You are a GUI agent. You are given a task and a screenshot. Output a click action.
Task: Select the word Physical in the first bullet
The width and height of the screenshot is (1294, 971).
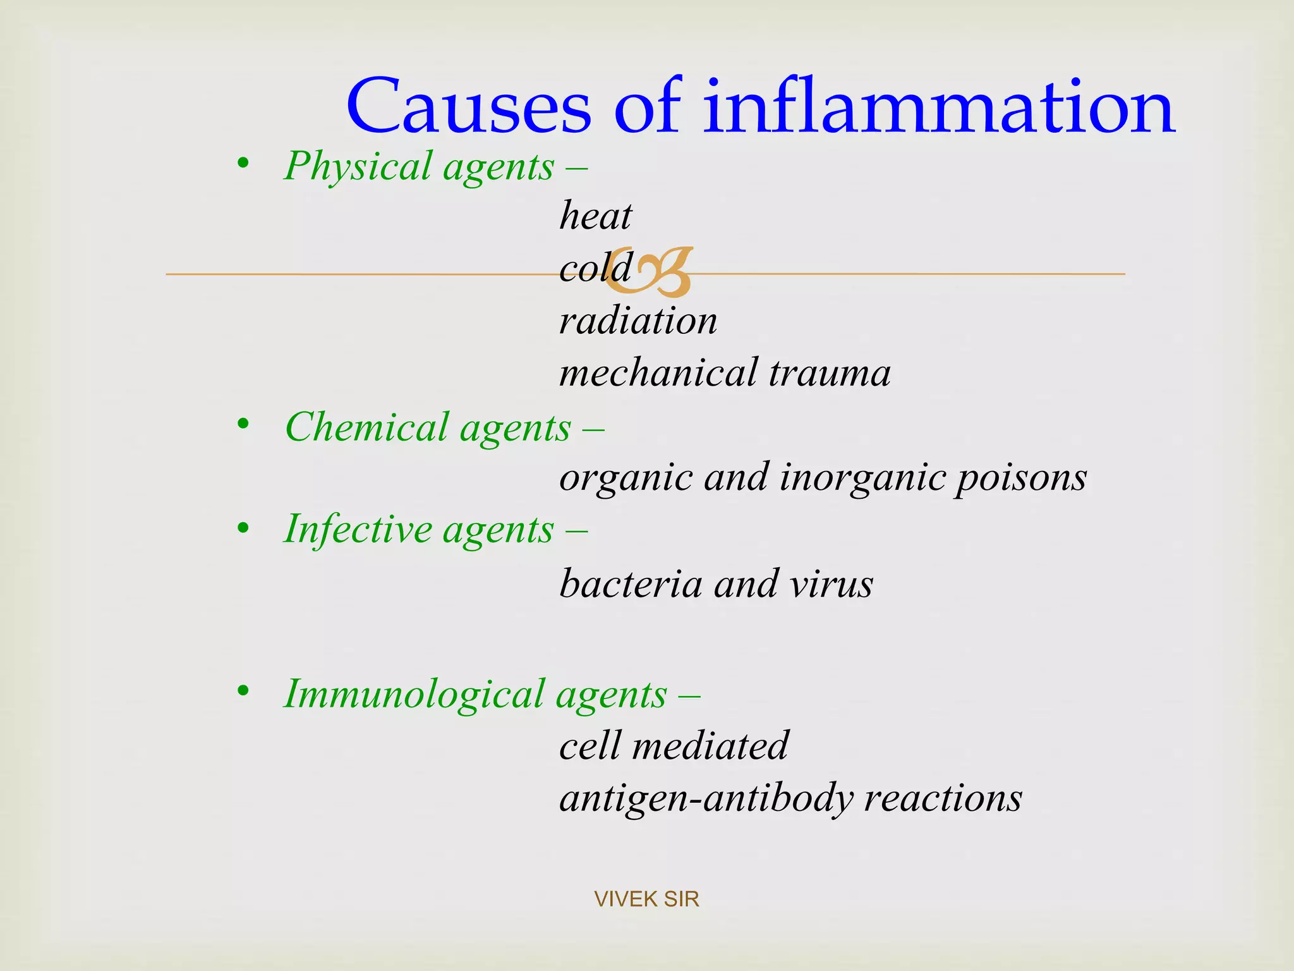point(358,167)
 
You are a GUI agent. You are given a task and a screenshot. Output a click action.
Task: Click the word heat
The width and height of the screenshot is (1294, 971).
point(595,216)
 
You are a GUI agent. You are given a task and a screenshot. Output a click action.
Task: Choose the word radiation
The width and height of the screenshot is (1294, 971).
point(638,321)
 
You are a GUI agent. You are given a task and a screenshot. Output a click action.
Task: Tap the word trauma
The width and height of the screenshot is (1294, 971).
point(830,373)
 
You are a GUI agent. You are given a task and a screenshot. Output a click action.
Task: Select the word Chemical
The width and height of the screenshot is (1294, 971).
point(366,428)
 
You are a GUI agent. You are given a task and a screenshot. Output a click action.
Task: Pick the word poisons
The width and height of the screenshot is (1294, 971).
point(1020,477)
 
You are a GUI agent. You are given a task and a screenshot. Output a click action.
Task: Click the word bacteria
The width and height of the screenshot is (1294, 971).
point(631,583)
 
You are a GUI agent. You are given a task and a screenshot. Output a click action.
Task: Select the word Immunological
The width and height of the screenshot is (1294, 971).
point(414,695)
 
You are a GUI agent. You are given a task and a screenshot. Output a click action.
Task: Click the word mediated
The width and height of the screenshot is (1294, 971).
point(710,746)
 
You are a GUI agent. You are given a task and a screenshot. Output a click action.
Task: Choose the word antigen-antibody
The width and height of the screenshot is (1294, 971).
point(706,798)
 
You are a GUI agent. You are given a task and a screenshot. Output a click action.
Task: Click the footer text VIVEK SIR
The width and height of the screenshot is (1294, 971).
point(646,899)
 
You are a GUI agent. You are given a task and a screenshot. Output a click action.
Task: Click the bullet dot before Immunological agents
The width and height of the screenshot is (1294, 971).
point(243,691)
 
